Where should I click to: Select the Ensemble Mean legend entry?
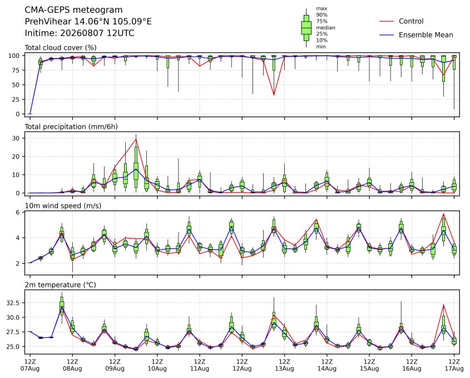[416, 35]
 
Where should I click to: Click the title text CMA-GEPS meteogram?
[73, 10]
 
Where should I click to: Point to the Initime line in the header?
[80, 33]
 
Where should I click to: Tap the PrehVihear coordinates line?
[88, 22]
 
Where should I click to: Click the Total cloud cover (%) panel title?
[61, 48]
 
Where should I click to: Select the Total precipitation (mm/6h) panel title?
[71, 127]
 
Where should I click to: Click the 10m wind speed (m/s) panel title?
[63, 206]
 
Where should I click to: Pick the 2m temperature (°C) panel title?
[60, 285]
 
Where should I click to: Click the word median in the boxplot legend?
[325, 28]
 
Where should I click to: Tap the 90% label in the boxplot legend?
[321, 14]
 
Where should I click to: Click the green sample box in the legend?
[306, 28]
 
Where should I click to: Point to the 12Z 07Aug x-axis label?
[29, 365]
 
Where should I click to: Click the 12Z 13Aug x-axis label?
[284, 365]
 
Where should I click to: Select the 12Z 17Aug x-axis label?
[454, 365]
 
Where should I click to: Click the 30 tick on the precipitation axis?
[17, 138]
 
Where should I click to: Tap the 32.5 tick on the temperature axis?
[13, 303]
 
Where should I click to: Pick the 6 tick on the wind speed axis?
[18, 212]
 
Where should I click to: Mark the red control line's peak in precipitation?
[136, 139]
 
